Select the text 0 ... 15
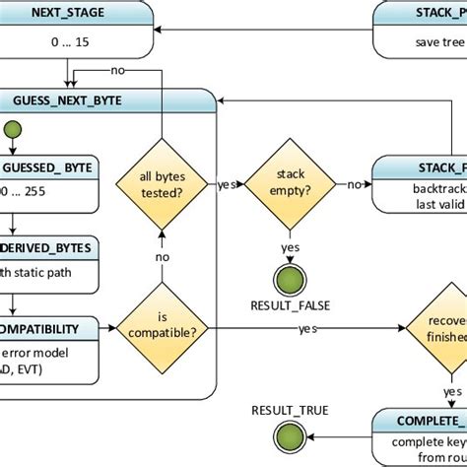[68, 44]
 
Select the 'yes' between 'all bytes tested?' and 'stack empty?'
[224, 183]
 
